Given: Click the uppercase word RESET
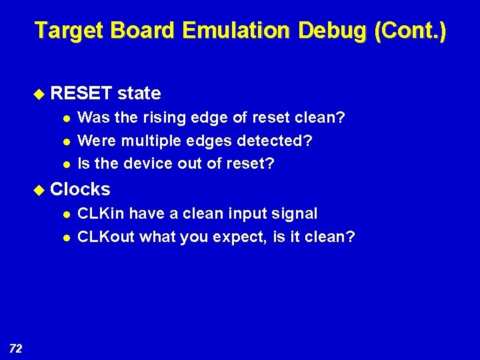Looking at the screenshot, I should point(81,93).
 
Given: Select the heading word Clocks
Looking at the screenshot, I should point(80,189).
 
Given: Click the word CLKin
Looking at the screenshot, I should point(101,213).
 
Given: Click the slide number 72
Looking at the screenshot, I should point(17,347).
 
